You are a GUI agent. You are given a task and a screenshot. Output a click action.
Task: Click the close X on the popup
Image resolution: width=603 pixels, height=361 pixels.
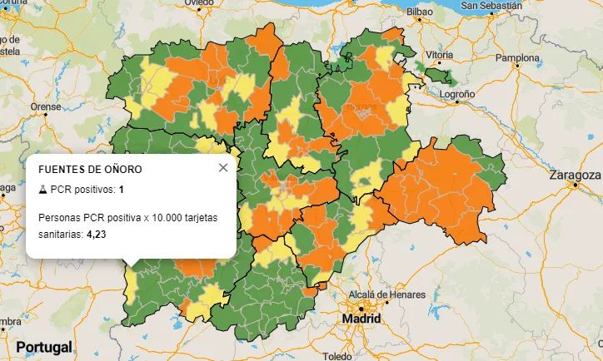222,168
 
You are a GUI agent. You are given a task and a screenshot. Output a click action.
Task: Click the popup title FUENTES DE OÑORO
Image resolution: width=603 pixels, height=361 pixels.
90,169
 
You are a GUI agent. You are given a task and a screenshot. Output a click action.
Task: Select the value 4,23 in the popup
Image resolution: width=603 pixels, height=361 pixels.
96,235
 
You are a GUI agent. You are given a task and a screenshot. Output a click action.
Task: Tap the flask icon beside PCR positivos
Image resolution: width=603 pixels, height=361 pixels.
42,190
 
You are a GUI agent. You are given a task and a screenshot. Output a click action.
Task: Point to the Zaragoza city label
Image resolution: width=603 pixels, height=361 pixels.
575,175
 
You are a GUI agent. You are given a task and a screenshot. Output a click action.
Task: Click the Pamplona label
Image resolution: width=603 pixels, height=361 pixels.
518,58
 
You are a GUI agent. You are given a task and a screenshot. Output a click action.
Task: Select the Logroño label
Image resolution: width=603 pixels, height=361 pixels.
456,95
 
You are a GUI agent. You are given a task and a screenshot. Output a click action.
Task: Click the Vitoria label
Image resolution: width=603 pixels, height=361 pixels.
438,54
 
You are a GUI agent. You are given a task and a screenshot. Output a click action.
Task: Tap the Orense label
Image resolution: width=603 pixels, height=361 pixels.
46,106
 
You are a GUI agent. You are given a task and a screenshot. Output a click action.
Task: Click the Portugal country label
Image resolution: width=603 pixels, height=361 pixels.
43,346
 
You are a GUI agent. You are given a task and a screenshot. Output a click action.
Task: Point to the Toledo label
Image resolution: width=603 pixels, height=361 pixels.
337,356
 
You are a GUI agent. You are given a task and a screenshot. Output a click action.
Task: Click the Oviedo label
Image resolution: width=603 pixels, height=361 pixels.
199,3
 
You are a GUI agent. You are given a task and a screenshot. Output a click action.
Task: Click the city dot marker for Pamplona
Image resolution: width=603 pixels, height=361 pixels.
518,66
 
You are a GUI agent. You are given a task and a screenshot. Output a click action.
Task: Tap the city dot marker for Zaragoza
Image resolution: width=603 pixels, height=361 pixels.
574,184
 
